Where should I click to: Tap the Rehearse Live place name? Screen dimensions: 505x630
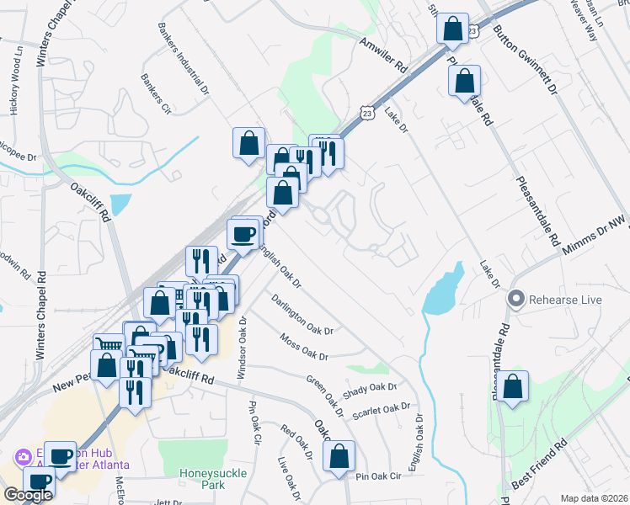point(562,299)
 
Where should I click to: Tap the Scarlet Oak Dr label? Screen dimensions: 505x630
point(382,412)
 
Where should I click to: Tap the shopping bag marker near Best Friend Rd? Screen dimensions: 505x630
point(512,386)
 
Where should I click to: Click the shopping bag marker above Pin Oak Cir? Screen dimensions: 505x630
point(339,457)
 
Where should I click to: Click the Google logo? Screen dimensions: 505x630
point(28,495)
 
